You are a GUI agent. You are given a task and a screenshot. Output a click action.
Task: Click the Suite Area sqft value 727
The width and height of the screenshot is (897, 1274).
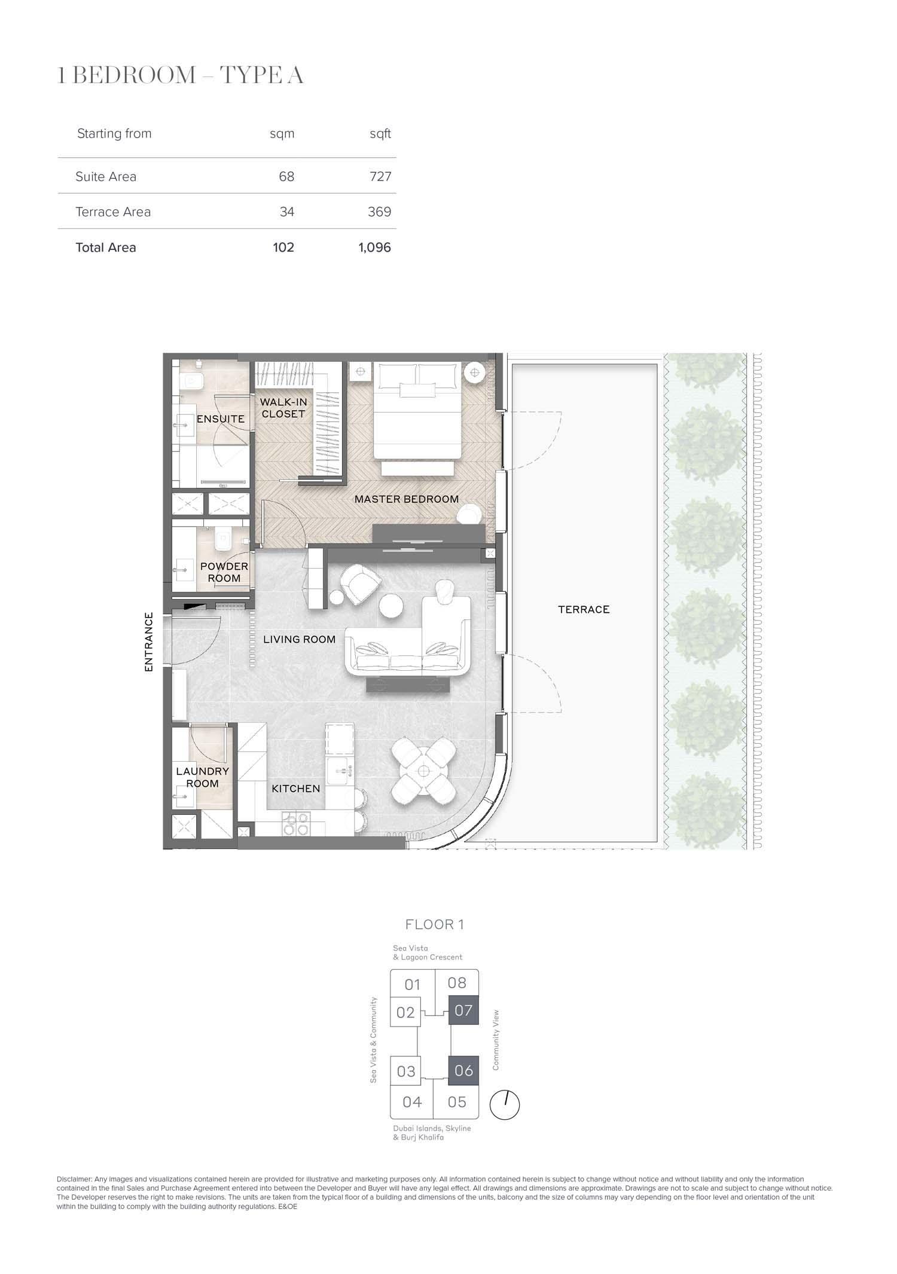click(380, 176)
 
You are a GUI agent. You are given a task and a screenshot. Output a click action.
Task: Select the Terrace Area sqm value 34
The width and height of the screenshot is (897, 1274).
click(287, 212)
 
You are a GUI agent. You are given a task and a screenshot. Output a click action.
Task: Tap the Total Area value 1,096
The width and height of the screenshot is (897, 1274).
click(375, 248)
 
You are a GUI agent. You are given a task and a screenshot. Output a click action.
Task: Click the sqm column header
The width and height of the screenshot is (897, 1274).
click(282, 134)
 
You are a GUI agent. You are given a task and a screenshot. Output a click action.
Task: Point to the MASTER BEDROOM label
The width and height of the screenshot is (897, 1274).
click(407, 499)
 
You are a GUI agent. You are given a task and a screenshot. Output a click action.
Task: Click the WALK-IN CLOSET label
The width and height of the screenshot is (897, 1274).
click(283, 408)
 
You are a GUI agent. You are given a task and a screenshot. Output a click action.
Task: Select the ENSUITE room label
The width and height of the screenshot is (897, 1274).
click(221, 419)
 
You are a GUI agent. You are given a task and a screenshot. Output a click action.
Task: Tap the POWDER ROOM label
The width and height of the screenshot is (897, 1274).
click(224, 572)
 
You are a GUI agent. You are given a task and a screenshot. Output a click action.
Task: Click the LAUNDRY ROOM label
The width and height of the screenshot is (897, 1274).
click(202, 777)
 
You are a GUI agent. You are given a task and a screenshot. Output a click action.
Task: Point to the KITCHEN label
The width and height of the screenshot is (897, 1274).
click(296, 789)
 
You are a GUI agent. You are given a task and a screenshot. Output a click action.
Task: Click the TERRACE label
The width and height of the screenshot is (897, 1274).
click(584, 610)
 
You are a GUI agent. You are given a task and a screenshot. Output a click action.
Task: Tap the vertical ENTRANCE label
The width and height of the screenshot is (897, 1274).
click(149, 641)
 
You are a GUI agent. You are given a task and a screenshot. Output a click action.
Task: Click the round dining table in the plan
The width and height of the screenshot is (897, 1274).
click(424, 771)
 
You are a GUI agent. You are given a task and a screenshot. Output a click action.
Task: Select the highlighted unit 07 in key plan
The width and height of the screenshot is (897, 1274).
click(463, 1011)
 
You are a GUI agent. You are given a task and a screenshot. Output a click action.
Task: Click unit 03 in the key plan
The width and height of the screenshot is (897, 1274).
click(406, 1071)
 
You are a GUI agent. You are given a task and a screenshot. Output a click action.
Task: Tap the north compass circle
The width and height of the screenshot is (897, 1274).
click(505, 1105)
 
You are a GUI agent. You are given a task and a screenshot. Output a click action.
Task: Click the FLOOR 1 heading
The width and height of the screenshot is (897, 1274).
click(435, 924)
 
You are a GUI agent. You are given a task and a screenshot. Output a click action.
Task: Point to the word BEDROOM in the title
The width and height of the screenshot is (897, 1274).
click(135, 75)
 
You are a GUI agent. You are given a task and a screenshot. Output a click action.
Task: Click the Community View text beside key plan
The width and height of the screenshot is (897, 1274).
click(495, 1040)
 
